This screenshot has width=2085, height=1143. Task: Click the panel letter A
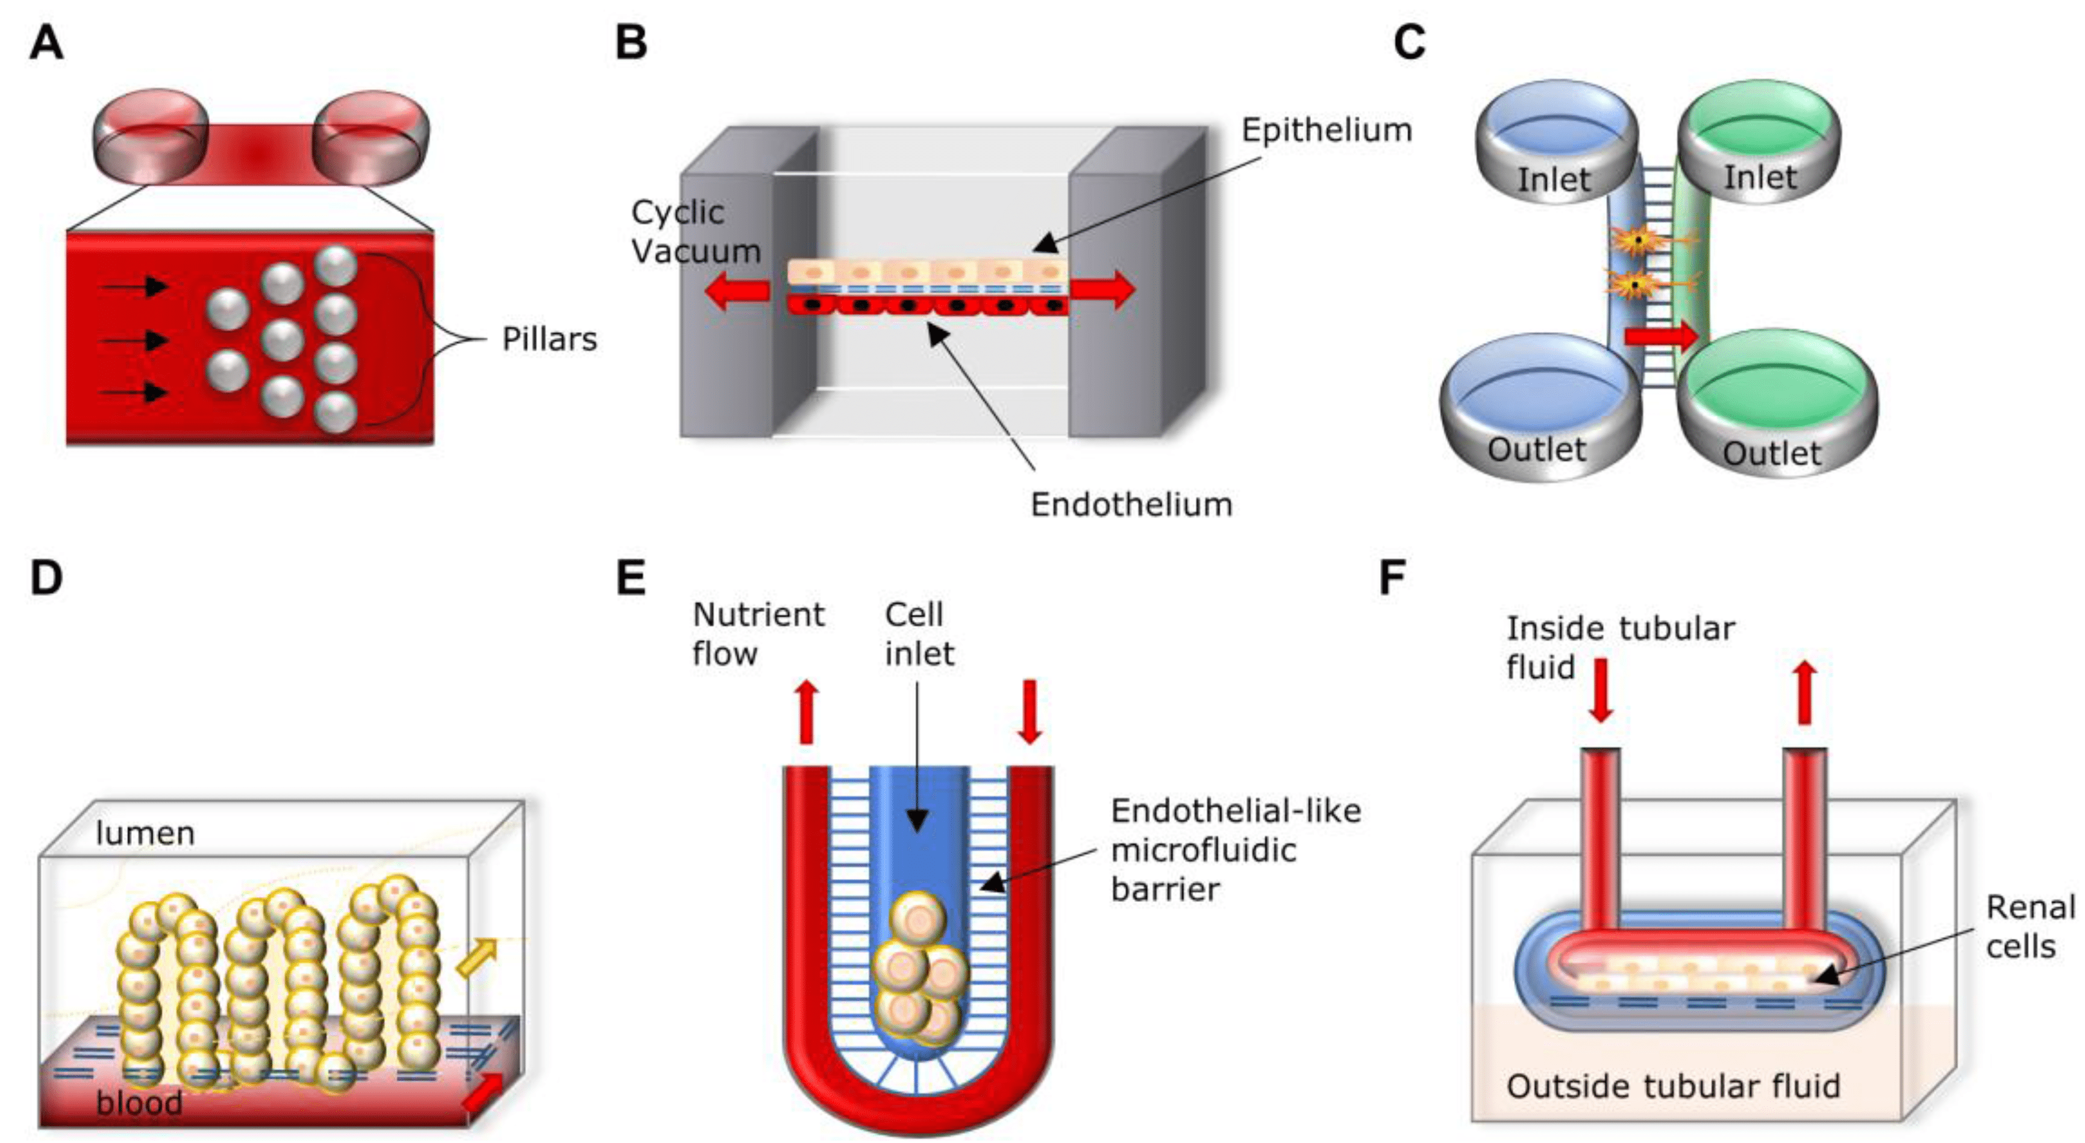point(46,42)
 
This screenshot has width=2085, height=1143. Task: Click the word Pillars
point(549,339)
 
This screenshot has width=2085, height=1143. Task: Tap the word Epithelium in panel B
point(1327,130)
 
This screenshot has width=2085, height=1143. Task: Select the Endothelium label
point(1131,504)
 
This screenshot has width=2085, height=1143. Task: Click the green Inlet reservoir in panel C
point(1759,146)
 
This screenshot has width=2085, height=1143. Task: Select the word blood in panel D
point(139,1103)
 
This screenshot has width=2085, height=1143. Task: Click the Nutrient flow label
point(758,634)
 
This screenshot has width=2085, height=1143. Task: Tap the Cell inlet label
point(918,634)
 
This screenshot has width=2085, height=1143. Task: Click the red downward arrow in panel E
point(1030,711)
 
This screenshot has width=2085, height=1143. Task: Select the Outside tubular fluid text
point(1673,1086)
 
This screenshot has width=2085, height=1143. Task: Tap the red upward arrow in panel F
point(1804,693)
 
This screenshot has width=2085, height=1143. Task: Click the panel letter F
point(1392,578)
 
